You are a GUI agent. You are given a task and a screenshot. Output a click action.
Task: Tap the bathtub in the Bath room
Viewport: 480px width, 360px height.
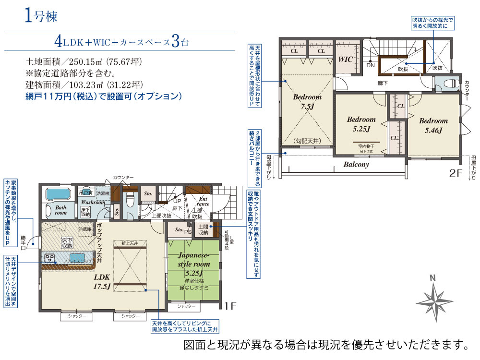click(x=58, y=195)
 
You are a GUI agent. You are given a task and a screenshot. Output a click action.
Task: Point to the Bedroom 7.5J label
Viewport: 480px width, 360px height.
click(x=307, y=101)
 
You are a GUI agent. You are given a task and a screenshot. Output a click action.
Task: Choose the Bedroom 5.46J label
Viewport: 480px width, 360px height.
click(x=432, y=125)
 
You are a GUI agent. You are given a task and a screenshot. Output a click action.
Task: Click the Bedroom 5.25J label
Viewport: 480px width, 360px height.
click(x=361, y=124)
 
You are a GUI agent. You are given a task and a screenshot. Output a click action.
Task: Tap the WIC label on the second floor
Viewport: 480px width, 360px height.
click(x=346, y=60)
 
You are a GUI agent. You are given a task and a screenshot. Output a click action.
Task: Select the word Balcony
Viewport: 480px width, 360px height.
click(x=356, y=164)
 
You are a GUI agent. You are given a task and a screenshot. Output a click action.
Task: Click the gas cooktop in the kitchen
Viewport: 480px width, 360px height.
click(x=49, y=258)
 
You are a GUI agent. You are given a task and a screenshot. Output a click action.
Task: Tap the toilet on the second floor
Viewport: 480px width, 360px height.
click(x=447, y=83)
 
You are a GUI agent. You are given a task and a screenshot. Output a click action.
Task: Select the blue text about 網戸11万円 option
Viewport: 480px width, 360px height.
click(x=104, y=96)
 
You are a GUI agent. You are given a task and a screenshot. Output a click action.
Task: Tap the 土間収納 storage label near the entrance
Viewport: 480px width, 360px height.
click(x=203, y=229)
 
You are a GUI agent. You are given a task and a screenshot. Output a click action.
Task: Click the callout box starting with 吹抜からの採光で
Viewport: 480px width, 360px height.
click(x=432, y=24)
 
